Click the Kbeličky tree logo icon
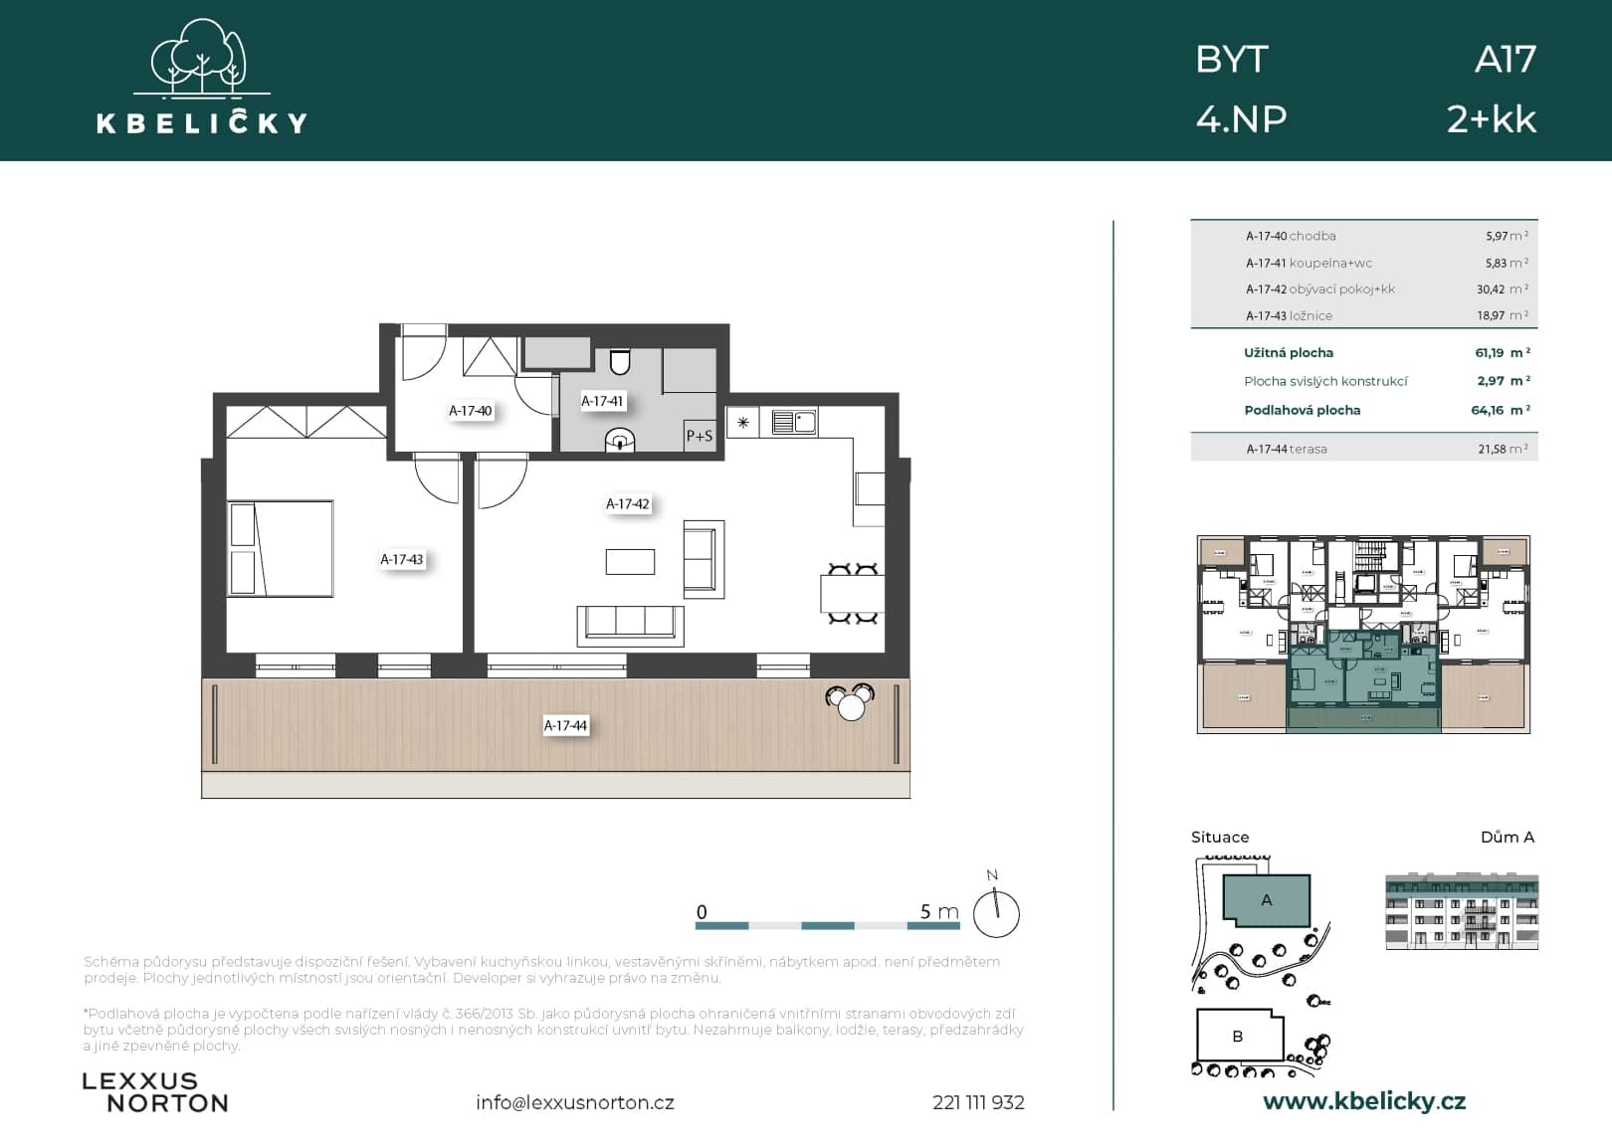coord(202,59)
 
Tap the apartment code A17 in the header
coord(1505,60)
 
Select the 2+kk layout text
coord(1491,119)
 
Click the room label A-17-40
coord(470,411)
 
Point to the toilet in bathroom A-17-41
coord(620,362)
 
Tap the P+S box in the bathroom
coord(700,436)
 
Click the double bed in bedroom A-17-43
coord(281,548)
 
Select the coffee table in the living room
coord(630,562)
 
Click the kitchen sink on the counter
coord(794,423)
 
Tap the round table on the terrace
coord(852,706)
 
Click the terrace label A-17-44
coord(565,726)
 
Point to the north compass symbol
coord(996,912)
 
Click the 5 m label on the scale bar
coord(938,911)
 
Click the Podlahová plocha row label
coord(1302,410)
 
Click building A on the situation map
coord(1266,900)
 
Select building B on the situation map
coord(1237,1036)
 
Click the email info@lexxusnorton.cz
coord(574,1102)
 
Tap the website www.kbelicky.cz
coord(1363,1101)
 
